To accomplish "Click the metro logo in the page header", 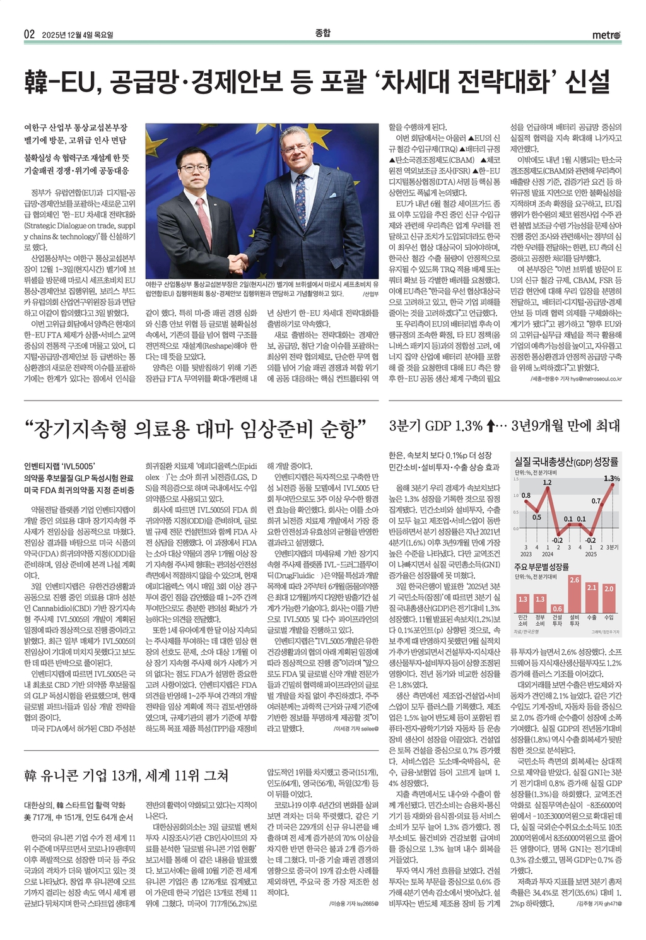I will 606,34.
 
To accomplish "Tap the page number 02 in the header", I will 29,35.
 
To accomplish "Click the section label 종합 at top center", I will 322,33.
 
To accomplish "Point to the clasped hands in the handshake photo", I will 238,261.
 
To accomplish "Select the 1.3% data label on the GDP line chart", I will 611,478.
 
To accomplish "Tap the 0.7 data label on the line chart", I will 596,501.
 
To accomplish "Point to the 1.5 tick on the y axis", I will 516,479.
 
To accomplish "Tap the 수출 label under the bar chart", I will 592,618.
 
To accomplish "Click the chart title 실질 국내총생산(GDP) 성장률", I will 566,462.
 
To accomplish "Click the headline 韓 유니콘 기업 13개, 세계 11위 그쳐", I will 126,775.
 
